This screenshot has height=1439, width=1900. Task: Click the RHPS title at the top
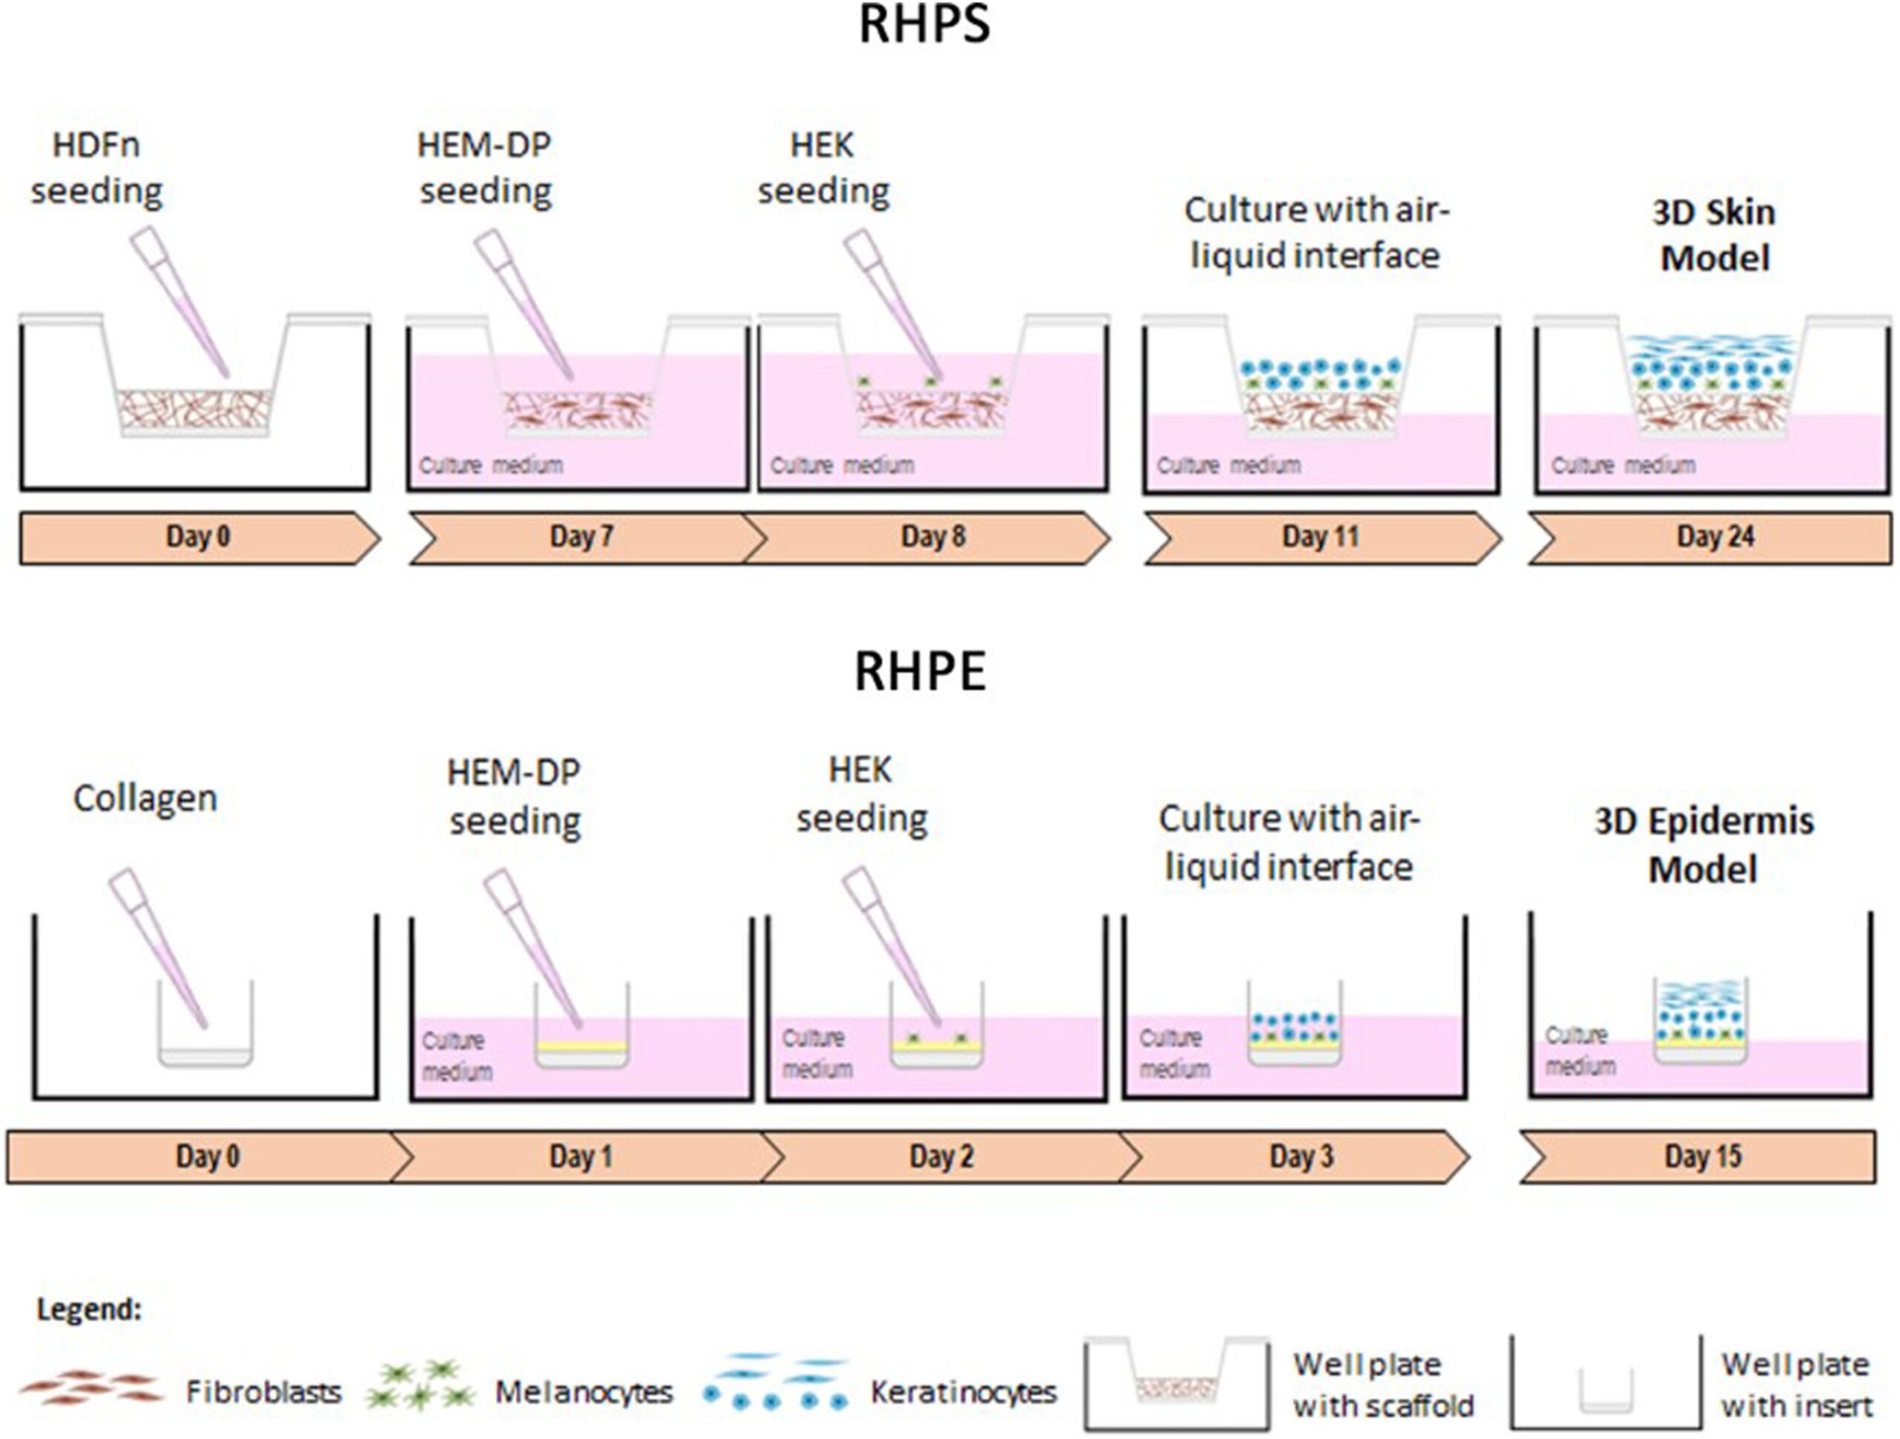coord(924,26)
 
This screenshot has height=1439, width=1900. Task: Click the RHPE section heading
coord(919,672)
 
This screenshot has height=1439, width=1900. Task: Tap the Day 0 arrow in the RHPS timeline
coord(198,538)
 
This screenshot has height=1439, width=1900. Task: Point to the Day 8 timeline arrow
coord(933,538)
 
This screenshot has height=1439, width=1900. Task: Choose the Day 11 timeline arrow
coord(1320,538)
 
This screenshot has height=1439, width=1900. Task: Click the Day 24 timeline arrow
coord(1714,538)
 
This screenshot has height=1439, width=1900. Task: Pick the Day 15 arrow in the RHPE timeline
coord(1703,1157)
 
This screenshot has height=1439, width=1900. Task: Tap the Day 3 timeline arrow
coord(1301,1157)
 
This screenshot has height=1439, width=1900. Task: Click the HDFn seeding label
coord(96,169)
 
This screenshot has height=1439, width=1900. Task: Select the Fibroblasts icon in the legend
coord(91,1386)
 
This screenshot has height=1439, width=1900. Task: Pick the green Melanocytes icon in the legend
coord(419,1385)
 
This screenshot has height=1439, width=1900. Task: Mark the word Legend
coord(88,1309)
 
